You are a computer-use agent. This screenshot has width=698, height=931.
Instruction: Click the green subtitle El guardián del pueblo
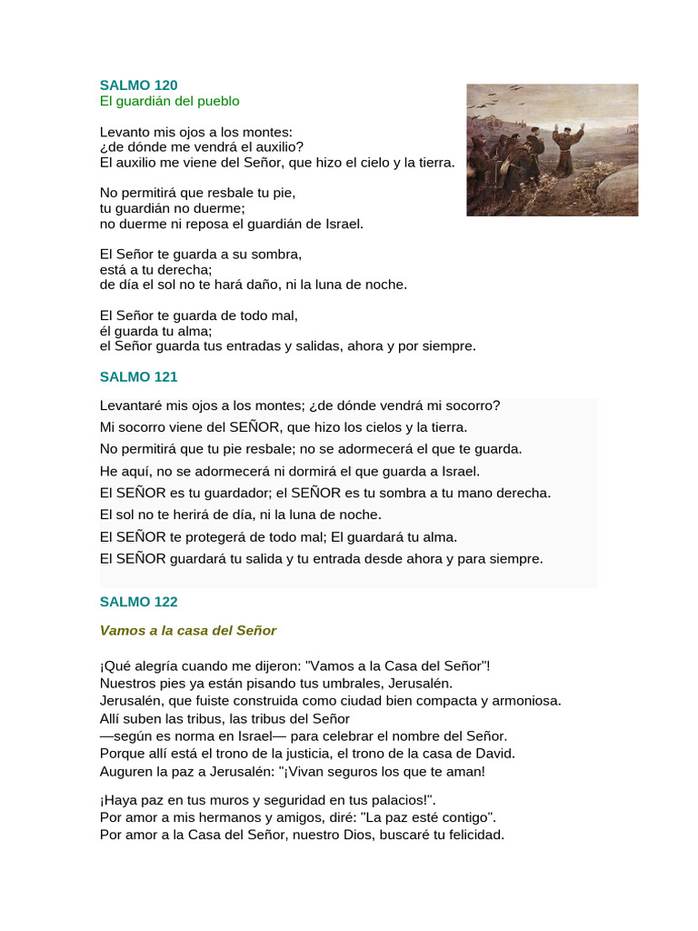click(169, 101)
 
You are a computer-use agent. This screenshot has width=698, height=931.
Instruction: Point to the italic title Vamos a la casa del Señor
click(188, 629)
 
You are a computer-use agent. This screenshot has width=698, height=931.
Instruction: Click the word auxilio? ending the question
click(276, 147)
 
